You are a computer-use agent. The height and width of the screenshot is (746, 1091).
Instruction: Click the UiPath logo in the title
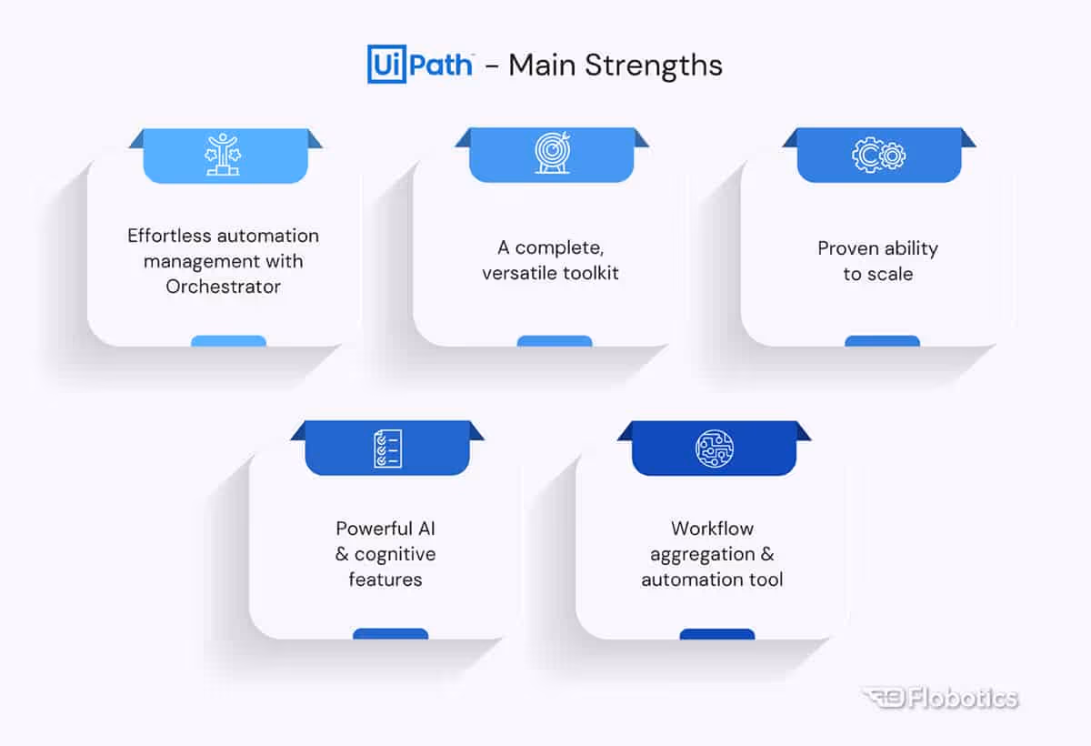[x=420, y=65]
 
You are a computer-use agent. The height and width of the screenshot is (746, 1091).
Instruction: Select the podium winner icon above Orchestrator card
[x=222, y=154]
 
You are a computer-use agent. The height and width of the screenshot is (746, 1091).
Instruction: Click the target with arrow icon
[x=552, y=154]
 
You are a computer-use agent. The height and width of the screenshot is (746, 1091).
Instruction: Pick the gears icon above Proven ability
[x=878, y=155]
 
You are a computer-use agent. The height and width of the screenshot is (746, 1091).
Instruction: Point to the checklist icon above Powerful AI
[x=386, y=448]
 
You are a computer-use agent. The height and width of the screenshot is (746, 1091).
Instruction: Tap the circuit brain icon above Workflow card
[x=714, y=448]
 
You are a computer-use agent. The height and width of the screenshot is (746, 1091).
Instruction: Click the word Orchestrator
[x=224, y=287]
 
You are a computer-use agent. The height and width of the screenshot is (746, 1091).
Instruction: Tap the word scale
[x=891, y=274]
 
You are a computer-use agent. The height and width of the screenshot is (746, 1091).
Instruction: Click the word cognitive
[x=395, y=554]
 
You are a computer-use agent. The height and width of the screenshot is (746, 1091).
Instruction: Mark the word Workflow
[x=712, y=529]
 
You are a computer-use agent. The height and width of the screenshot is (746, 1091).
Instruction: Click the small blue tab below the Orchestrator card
[x=228, y=342]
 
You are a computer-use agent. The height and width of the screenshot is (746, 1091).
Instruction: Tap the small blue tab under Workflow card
[x=717, y=634]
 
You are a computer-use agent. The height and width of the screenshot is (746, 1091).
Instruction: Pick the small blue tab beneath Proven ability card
[x=882, y=342]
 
